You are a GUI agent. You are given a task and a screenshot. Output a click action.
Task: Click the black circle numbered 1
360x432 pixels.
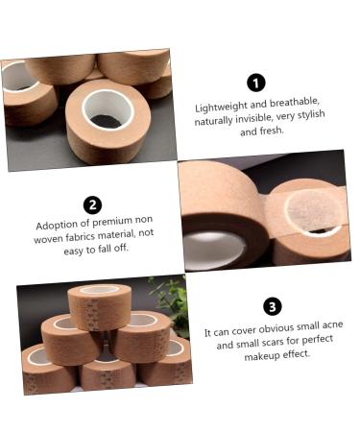point(256,83)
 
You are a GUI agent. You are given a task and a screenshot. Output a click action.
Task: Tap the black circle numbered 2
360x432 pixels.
point(92,204)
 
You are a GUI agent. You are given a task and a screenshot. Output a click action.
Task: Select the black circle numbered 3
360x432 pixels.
point(273,306)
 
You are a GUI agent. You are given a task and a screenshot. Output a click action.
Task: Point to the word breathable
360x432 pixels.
point(295,103)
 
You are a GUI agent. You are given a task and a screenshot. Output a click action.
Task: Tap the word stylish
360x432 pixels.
point(309,114)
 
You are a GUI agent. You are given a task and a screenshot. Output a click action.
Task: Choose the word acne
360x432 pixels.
point(332,325)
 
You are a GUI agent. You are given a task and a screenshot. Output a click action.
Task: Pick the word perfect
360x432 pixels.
point(318,339)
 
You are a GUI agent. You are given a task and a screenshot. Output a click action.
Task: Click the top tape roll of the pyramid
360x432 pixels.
point(100,307)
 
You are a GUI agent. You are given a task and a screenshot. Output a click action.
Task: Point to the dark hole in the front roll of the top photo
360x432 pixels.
point(106,122)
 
